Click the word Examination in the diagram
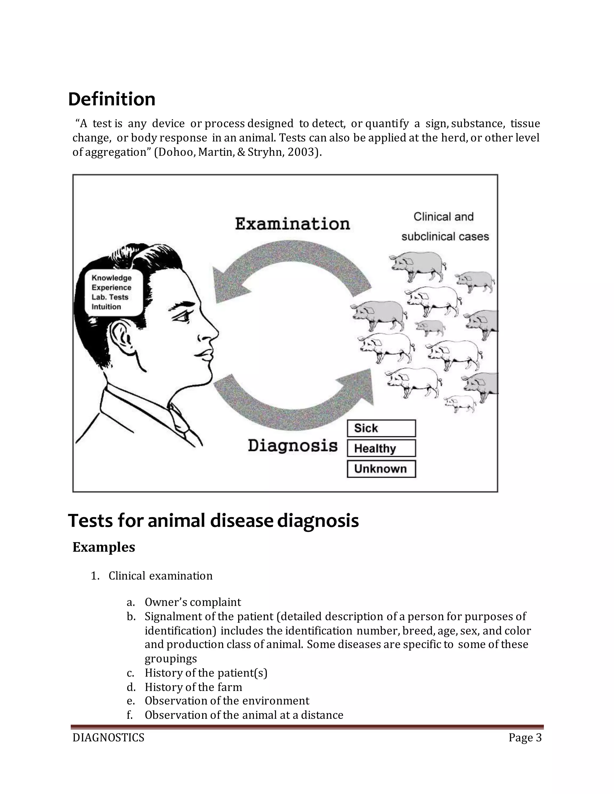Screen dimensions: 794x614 coord(292,224)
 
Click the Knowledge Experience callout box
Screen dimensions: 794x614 coord(113,292)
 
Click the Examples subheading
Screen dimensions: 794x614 coord(104,547)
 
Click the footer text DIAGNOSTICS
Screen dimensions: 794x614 coord(109,738)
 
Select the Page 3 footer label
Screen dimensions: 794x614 coord(525,738)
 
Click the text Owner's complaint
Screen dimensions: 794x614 coord(193,602)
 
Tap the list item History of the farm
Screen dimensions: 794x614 coord(193,687)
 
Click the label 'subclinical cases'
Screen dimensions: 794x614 coord(445,237)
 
